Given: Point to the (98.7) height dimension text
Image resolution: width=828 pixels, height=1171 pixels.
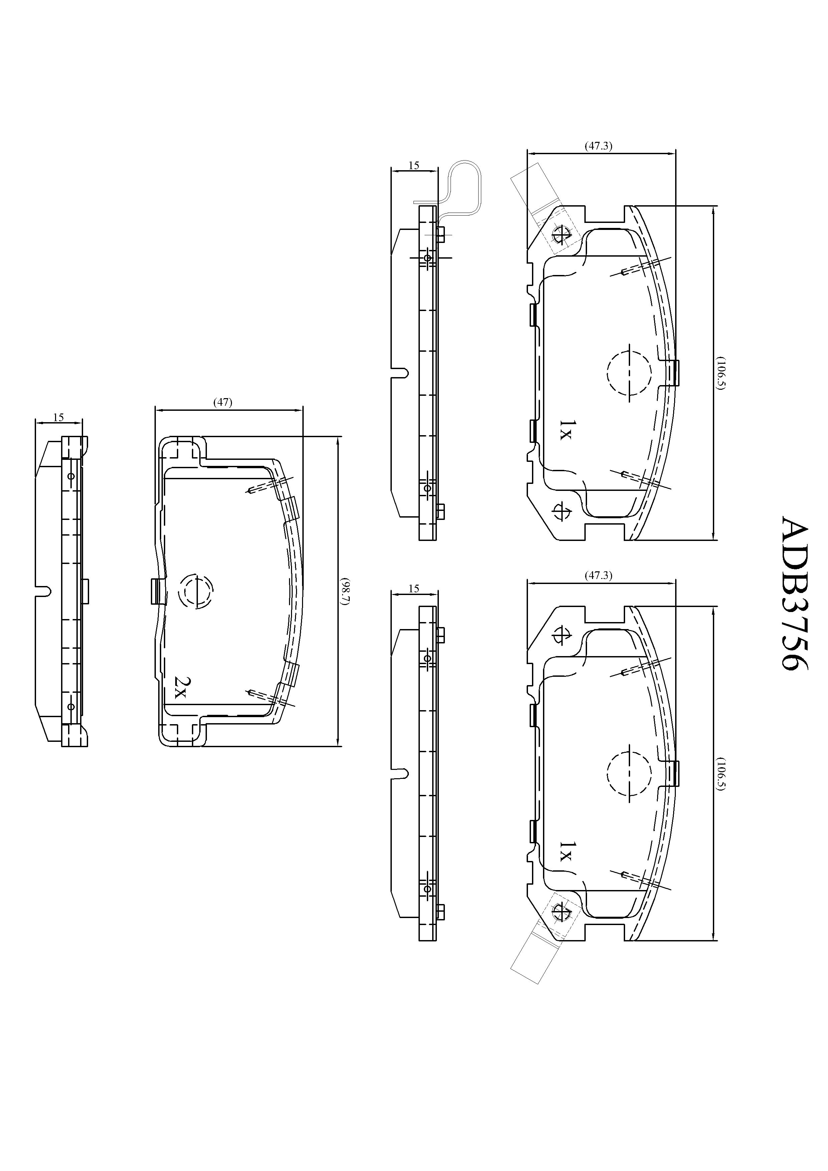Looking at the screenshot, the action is pyautogui.click(x=345, y=592).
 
